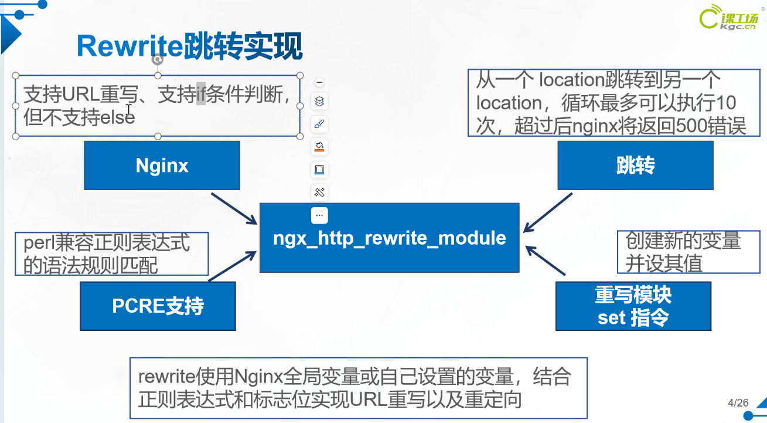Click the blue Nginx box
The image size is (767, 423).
(x=162, y=165)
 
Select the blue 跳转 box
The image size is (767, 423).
(x=635, y=165)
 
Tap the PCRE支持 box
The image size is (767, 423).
(x=158, y=306)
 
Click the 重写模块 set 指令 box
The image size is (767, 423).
(x=633, y=306)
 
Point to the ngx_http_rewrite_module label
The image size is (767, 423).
(x=389, y=238)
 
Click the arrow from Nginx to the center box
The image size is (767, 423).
(x=234, y=209)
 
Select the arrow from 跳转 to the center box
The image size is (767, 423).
(x=547, y=212)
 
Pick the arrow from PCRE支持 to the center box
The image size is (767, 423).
(x=232, y=266)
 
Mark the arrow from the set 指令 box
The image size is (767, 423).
(x=545, y=260)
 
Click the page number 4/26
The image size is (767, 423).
(x=738, y=403)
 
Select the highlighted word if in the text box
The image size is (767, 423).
(x=201, y=94)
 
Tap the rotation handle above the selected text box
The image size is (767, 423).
(x=158, y=60)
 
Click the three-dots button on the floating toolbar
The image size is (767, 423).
(x=319, y=216)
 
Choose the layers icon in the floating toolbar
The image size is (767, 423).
(x=319, y=101)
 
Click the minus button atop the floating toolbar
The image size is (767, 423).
(x=319, y=82)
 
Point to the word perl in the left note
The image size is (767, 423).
(x=39, y=243)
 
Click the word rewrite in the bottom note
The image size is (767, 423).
(x=167, y=377)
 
